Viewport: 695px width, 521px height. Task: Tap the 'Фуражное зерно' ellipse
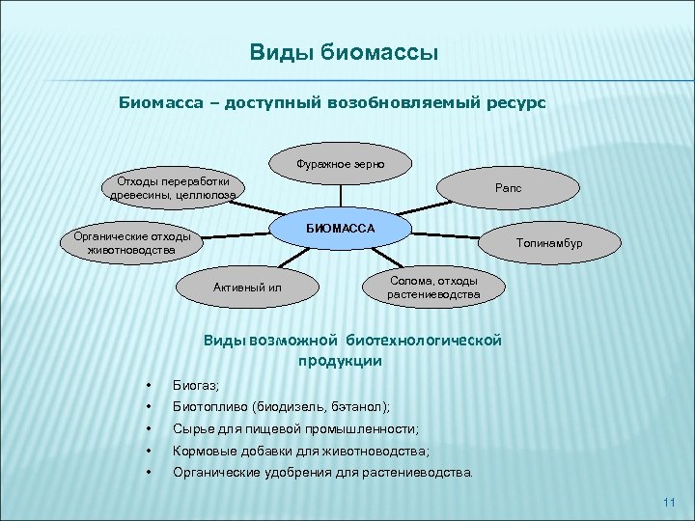tap(341, 163)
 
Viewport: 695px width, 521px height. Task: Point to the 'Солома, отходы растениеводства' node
tap(432, 287)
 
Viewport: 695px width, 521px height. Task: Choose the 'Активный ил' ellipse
tap(247, 287)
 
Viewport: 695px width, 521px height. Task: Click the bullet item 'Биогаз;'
tap(196, 385)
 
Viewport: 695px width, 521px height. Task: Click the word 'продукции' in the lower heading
tap(340, 361)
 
